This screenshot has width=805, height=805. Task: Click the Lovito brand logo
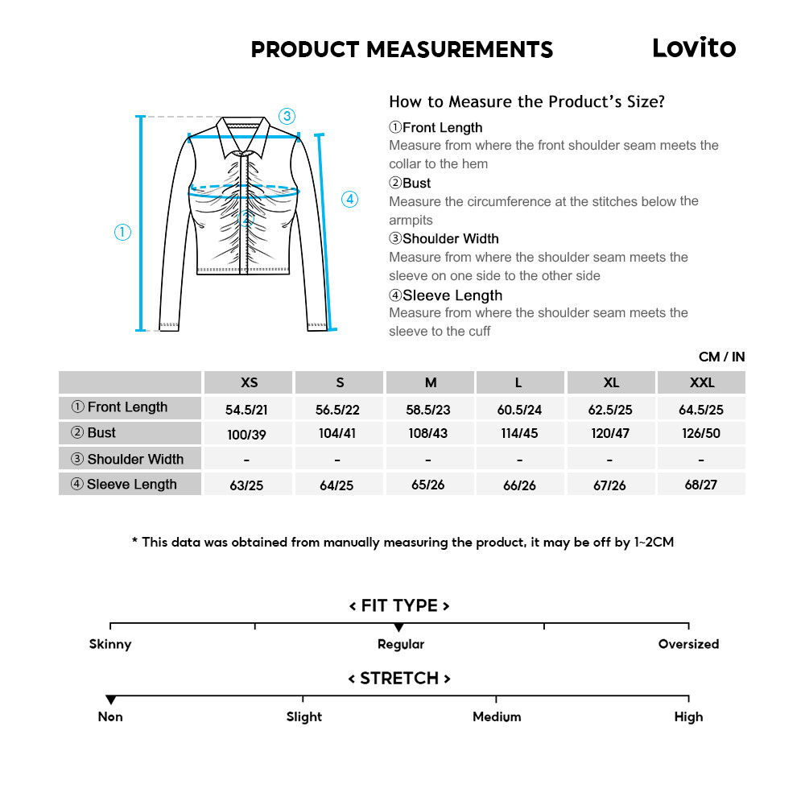693,48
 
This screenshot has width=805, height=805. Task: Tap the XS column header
250,382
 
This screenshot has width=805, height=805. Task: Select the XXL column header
701,382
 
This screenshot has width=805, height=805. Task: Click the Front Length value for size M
428,410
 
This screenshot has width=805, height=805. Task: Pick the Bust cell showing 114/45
518,433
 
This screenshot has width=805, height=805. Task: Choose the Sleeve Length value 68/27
701,485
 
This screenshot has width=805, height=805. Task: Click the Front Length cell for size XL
610,410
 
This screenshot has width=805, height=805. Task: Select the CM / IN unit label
721,357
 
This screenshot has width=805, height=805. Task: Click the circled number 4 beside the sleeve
349,199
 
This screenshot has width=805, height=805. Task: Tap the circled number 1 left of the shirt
122,233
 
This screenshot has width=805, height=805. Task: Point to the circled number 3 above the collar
287,116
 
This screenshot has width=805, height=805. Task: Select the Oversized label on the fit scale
688,644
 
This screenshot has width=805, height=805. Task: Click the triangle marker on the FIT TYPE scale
398,628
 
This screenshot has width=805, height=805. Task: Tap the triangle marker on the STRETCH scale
111,700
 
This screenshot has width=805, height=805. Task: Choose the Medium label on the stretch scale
497,716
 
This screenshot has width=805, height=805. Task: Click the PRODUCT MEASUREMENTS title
402,49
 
